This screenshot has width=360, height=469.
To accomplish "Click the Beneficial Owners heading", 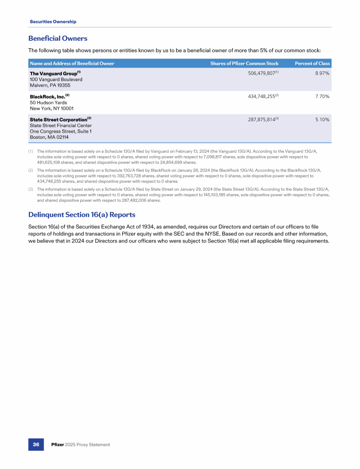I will click(58, 38).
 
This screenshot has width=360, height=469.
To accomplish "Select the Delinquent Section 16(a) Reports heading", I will click(82, 215).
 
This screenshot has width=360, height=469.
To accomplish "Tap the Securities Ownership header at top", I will click(53, 22).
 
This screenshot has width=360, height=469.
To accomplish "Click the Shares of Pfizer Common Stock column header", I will click(244, 63).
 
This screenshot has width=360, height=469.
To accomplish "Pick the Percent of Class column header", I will click(312, 63).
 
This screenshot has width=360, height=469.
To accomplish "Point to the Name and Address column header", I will click(72, 63).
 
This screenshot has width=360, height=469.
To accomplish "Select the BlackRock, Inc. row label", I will click(48, 96).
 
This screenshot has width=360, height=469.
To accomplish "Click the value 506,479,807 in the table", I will click(261, 73).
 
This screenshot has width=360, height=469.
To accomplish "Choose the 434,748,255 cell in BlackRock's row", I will click(261, 96).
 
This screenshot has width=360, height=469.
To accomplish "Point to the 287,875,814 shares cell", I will click(261, 119).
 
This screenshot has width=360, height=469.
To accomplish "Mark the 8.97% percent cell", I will click(322, 73).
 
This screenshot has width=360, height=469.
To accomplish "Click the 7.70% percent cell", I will click(322, 96).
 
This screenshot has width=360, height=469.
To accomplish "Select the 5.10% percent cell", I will click(322, 119).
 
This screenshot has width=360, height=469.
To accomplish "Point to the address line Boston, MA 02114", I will click(49, 137).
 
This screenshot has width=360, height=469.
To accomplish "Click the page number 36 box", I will click(36, 444).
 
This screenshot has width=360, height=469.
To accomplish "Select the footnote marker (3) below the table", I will click(31, 189).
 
